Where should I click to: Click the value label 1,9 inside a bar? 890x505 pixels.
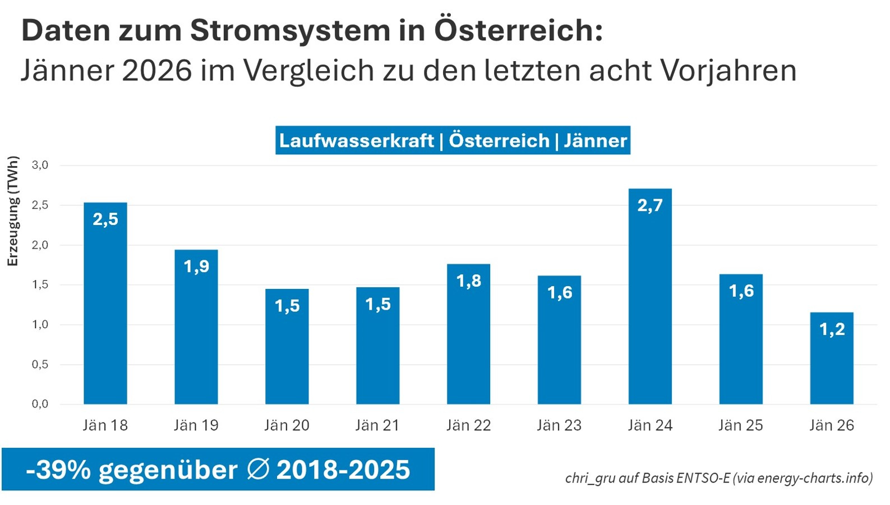pos(196,267)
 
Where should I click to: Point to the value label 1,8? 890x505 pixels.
pos(469,281)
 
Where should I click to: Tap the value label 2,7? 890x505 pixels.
pos(650,205)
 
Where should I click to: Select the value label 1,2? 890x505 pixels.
pos(832,329)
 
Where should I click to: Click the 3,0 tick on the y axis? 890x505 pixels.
pos(40,165)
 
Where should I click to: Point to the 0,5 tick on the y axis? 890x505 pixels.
pos(40,364)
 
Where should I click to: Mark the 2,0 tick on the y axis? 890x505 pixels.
pos(40,245)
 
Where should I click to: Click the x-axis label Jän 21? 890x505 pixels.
pos(377,425)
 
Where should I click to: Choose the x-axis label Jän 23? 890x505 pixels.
pos(559,425)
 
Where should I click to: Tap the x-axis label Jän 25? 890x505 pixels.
pos(741,425)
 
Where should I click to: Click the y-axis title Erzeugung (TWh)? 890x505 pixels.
pos(13,212)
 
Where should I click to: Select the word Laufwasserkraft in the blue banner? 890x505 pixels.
pos(357,140)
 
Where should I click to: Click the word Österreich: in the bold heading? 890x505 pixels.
pos(518,30)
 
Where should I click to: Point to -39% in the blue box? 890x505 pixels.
pos(58,470)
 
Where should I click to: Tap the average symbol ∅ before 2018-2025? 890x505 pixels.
pos(257,469)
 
